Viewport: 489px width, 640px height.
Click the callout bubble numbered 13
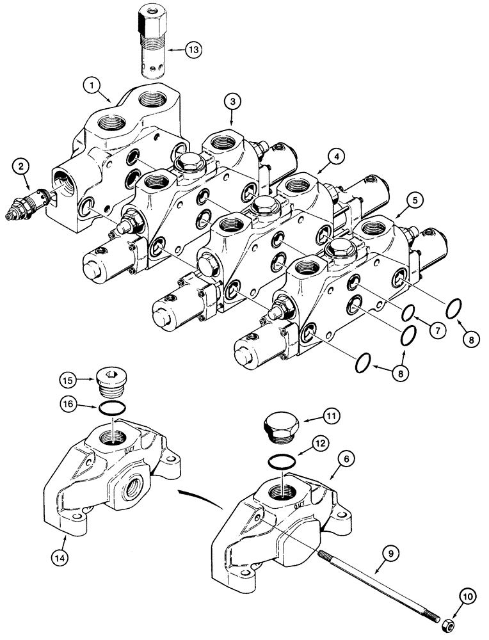coord(193,48)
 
